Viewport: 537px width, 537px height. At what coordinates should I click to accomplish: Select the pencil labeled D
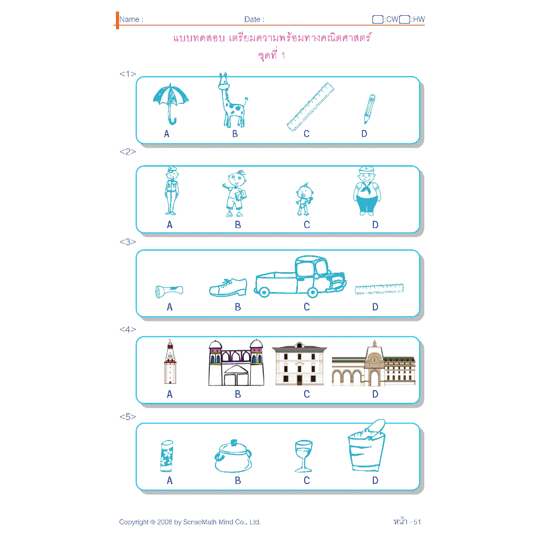[370, 109]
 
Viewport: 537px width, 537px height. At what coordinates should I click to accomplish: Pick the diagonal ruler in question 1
[310, 107]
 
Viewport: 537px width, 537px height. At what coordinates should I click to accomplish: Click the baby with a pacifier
[304, 199]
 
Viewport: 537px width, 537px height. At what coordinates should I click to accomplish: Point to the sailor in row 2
[367, 192]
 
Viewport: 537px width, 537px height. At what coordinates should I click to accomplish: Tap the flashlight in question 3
[169, 292]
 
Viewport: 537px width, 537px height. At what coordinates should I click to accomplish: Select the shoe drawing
[228, 287]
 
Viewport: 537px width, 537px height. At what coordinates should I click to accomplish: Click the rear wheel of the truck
[263, 292]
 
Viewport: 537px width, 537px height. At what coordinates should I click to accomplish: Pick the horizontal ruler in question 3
[379, 289]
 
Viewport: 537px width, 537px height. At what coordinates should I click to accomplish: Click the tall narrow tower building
[170, 362]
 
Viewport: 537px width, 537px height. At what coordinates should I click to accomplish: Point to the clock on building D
[374, 360]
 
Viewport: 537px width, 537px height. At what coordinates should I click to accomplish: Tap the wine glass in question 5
[304, 456]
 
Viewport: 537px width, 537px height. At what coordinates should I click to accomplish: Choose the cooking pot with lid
[233, 456]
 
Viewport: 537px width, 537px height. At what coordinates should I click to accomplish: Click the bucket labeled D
[367, 447]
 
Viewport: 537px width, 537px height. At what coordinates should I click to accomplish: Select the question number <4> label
[128, 329]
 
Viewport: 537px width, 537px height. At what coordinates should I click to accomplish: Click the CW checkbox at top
[378, 19]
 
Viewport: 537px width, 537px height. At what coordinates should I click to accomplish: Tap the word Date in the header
[252, 19]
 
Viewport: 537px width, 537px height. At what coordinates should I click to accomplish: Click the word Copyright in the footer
[134, 522]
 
